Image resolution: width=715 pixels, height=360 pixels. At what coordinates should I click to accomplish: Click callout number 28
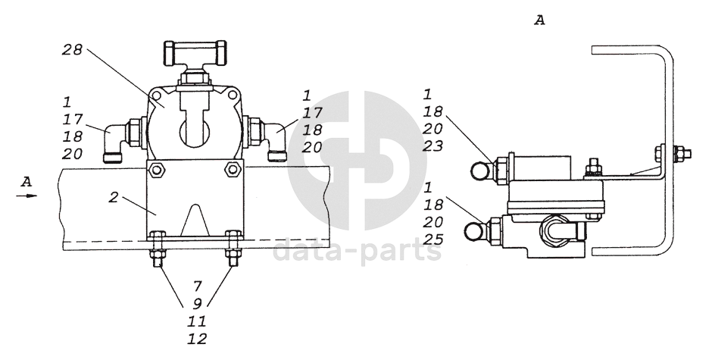(x=72, y=49)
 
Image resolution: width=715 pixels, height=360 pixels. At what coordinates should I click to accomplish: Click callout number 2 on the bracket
(x=114, y=198)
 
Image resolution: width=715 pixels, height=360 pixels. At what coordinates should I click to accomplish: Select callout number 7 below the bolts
(x=197, y=286)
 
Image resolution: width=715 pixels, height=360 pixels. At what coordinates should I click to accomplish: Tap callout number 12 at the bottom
(x=197, y=339)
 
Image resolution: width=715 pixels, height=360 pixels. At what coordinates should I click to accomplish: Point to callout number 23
(x=432, y=146)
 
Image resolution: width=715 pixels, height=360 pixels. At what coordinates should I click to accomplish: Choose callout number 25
(x=432, y=239)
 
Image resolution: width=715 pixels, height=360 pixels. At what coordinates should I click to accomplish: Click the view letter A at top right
(x=539, y=20)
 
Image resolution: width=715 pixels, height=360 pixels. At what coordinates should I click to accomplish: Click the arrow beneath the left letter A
(x=27, y=196)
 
